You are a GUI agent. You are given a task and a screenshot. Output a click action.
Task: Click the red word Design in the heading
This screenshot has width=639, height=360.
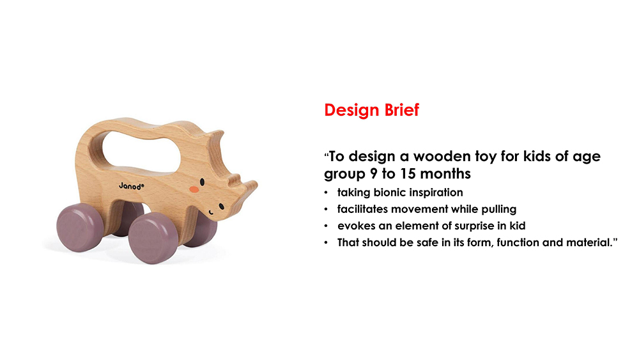point(351,111)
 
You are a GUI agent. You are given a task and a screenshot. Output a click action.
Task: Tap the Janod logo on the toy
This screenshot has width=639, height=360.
point(131,186)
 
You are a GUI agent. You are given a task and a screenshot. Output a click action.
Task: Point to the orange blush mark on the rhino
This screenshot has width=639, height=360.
point(194,189)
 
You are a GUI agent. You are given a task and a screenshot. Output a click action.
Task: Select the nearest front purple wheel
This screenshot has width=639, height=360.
point(153,238)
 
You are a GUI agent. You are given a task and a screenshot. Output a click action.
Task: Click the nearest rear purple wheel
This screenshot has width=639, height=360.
point(80,228)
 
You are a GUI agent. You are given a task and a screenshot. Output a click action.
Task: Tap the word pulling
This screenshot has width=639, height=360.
point(499,210)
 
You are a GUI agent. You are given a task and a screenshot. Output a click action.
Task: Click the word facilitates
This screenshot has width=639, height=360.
point(362,209)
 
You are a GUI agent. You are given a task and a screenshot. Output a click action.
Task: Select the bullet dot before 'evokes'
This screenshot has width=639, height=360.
point(326,226)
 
